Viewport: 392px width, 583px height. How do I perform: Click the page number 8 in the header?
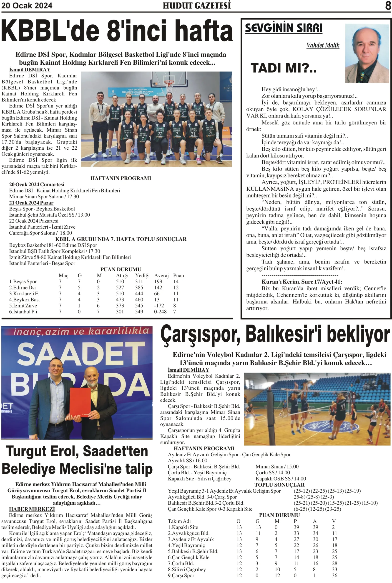click(388, 5)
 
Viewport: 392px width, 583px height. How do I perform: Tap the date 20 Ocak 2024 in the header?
click(27, 5)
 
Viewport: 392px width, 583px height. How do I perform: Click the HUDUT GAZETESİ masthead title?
click(197, 5)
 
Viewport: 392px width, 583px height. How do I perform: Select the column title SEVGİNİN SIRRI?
click(284, 28)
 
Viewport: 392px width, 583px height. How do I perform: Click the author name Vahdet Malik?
click(323, 45)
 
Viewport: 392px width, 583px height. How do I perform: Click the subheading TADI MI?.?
click(284, 68)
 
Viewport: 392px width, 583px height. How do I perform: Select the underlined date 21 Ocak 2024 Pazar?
click(31, 203)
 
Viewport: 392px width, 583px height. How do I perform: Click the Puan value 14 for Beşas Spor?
click(176, 281)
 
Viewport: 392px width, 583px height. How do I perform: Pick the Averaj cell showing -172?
click(159, 306)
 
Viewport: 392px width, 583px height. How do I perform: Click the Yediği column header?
click(142, 275)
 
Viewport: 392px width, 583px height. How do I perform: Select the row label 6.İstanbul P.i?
click(23, 312)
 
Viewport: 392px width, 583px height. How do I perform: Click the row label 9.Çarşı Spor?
click(181, 575)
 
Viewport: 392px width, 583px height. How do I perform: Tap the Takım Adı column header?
click(179, 521)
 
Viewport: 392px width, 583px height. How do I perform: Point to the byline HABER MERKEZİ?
click(32, 509)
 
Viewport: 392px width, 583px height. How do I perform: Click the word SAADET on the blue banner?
click(81, 354)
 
